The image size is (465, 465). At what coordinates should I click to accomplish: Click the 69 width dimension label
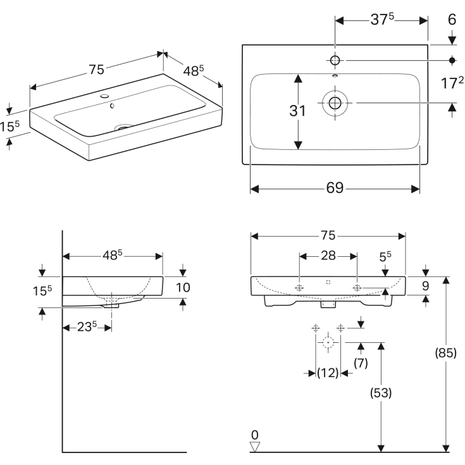(x=335, y=188)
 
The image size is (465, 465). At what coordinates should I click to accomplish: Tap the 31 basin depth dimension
(x=297, y=111)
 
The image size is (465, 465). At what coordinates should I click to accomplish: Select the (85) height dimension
(x=446, y=353)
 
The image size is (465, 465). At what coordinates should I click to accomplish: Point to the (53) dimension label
(x=381, y=393)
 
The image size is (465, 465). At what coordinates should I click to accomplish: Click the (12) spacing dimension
(x=328, y=373)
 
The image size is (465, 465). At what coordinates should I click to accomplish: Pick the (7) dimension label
(x=361, y=363)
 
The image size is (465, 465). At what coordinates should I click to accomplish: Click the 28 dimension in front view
(x=328, y=256)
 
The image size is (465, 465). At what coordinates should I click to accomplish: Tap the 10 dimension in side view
(x=183, y=287)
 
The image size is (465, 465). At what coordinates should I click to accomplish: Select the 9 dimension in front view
(x=426, y=286)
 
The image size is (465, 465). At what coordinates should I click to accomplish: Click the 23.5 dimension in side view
(x=87, y=327)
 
